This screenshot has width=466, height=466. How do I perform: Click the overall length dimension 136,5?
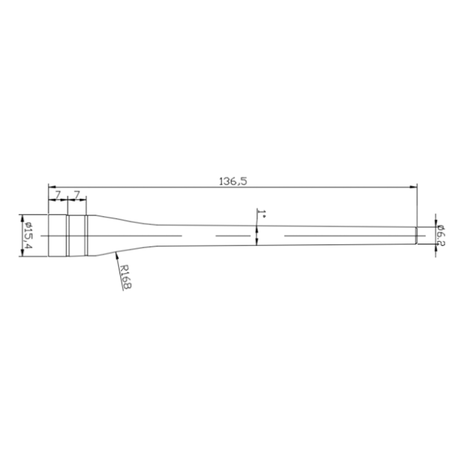(x=233, y=181)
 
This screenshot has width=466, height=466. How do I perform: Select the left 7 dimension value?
(x=58, y=195)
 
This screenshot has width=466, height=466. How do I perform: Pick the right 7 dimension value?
(x=77, y=195)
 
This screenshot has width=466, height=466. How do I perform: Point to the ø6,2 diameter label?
(x=441, y=236)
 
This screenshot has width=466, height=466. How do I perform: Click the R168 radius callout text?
(x=126, y=276)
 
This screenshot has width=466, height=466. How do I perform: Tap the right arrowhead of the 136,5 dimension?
(x=413, y=187)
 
